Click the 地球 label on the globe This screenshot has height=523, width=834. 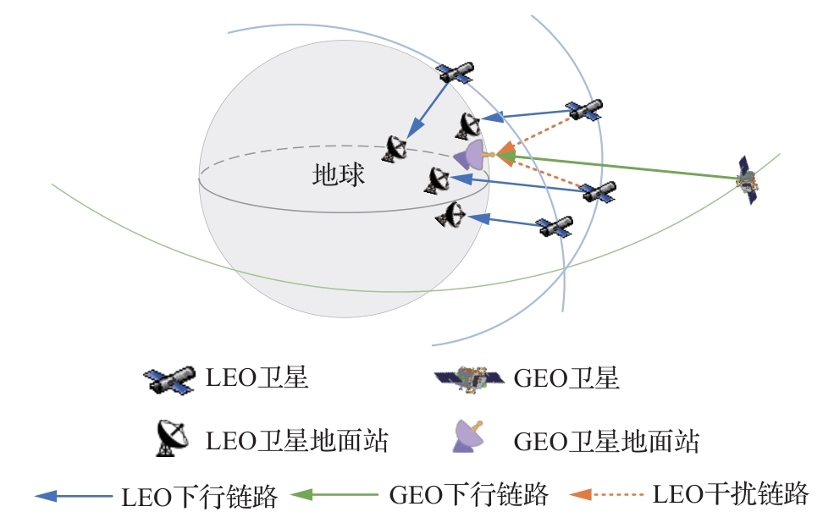(x=339, y=175)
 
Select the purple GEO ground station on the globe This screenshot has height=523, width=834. (x=471, y=155)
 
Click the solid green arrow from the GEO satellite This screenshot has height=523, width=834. (x=618, y=167)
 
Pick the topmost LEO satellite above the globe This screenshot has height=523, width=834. (x=454, y=73)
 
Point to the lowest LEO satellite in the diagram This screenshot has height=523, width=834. (x=555, y=227)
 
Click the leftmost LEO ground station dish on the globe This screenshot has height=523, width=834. (x=395, y=148)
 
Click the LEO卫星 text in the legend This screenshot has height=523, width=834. (x=257, y=378)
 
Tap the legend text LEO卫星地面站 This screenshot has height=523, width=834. (x=297, y=440)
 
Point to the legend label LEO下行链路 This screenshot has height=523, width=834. (x=199, y=497)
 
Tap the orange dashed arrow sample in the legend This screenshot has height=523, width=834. (x=605, y=494)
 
